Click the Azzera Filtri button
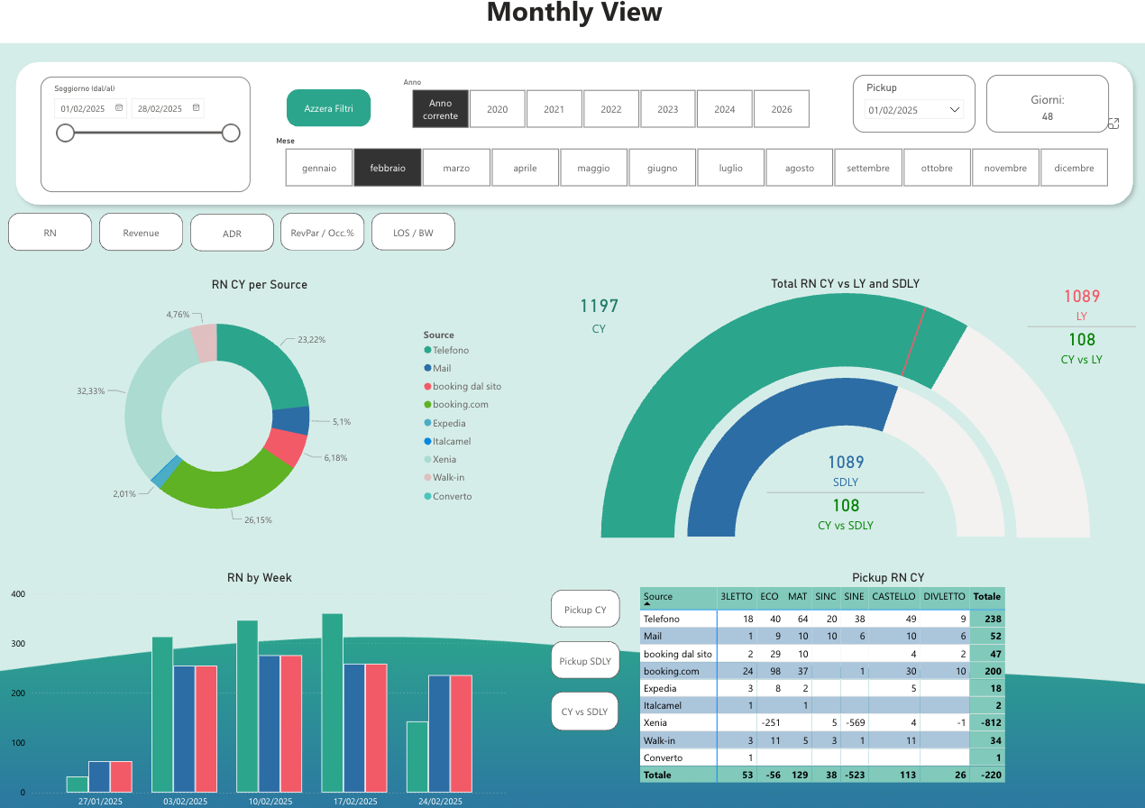(x=329, y=108)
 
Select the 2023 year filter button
(x=667, y=109)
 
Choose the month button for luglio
(x=731, y=168)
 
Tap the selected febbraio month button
(x=388, y=168)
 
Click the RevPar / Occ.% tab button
(x=322, y=233)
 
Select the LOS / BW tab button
(x=413, y=233)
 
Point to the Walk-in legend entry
(x=448, y=477)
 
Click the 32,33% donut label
(x=90, y=391)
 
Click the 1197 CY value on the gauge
(x=599, y=307)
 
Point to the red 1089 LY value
(x=1081, y=297)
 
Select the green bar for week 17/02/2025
(x=332, y=702)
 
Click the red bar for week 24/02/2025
(x=462, y=733)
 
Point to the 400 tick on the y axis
(x=17, y=594)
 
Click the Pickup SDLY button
(x=585, y=661)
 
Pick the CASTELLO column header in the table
(x=893, y=597)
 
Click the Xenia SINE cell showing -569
(x=852, y=723)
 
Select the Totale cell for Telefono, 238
(x=987, y=620)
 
